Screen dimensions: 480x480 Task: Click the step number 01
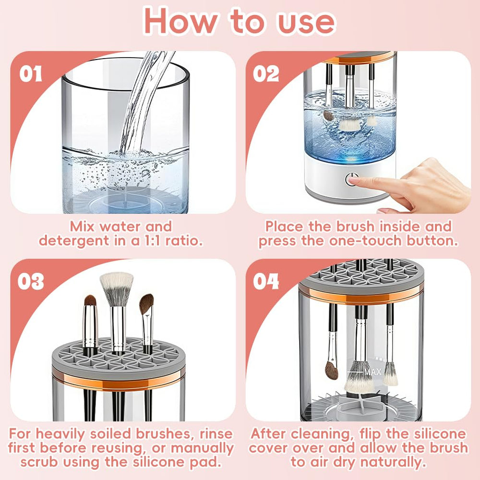pyautogui.click(x=31, y=74)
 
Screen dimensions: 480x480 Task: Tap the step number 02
pyautogui.click(x=266, y=74)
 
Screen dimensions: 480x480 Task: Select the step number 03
pyautogui.click(x=31, y=282)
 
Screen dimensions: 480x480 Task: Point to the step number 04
pyautogui.click(x=266, y=282)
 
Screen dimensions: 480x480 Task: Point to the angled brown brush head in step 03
pyautogui.click(x=146, y=304)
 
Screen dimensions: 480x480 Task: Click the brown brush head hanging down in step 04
pyautogui.click(x=331, y=370)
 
